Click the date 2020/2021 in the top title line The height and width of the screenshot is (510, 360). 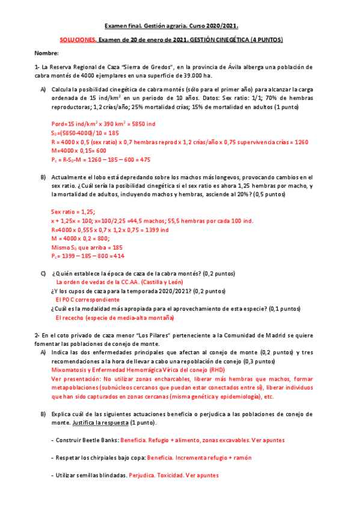221,26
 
